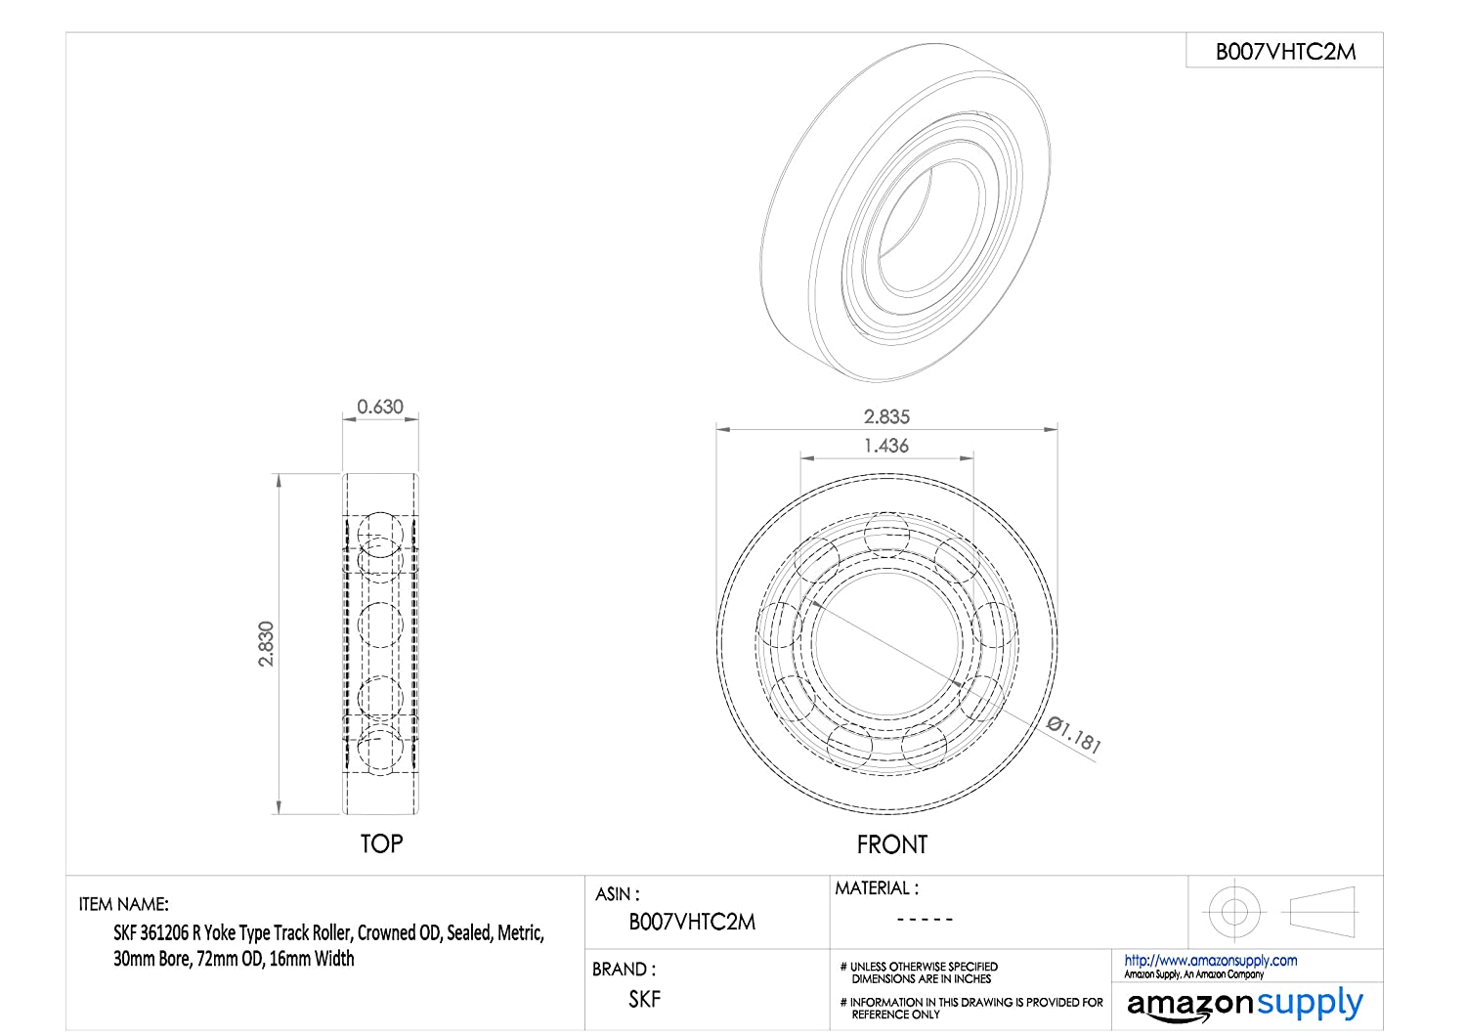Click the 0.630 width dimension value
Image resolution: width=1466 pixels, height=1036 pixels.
tap(379, 407)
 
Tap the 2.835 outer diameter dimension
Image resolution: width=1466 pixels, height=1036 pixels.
tap(886, 416)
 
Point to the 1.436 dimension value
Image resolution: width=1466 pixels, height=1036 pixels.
tap(886, 446)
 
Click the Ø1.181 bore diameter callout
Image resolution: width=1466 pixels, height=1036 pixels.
tap(1073, 734)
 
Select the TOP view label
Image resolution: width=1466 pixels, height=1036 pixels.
tap(381, 843)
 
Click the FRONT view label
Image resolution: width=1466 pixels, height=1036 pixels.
tap(892, 844)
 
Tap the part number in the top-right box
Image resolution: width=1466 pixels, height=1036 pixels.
tap(1285, 52)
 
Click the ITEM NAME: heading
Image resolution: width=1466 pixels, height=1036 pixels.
tap(124, 904)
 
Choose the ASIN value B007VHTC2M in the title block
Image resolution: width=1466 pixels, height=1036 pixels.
tap(692, 922)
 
